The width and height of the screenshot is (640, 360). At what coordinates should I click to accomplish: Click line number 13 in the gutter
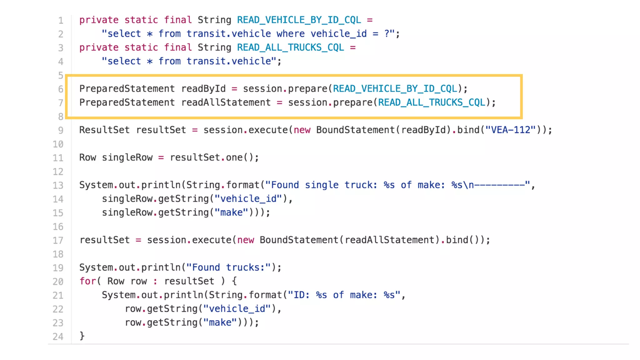pos(58,185)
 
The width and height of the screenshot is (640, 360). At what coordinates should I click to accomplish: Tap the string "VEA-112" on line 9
pos(511,130)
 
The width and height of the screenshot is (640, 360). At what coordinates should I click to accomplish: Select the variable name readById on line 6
pos(203,89)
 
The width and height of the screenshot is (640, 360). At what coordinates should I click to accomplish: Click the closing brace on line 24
pos(82,336)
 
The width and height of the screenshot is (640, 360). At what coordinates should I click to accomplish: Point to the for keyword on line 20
pos(87,281)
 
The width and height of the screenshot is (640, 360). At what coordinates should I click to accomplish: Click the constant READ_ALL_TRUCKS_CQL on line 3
pos(290,47)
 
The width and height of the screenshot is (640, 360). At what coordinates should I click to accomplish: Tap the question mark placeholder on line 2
pos(387,34)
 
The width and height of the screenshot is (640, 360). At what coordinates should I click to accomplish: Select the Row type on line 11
pos(87,157)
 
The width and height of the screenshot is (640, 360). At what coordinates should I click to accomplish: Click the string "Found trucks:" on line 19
pos(229,267)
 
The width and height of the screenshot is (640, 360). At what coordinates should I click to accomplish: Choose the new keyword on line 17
pos(246,240)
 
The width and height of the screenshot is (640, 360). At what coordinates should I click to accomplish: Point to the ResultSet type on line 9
pos(104,130)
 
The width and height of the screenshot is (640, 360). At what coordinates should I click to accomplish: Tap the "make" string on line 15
pos(232,212)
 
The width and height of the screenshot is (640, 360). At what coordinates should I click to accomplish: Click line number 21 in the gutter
pos(58,295)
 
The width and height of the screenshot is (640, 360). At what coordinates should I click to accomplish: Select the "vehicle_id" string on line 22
pos(237,309)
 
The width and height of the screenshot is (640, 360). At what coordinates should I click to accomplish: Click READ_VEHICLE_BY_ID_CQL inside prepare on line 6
pos(395,89)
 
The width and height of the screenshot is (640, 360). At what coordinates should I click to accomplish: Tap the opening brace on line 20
pos(234,281)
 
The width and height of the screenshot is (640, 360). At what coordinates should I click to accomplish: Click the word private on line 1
pos(99,20)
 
